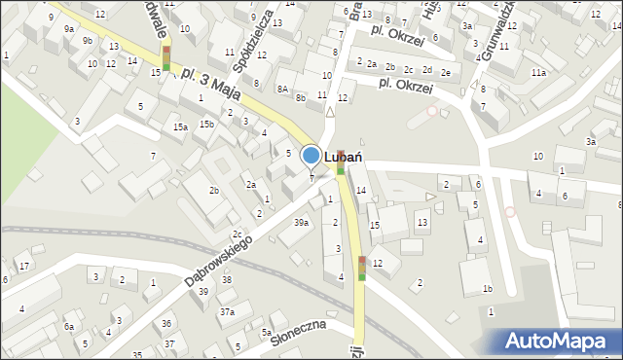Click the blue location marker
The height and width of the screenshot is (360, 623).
point(311,156)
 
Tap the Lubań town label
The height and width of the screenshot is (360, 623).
point(344,156)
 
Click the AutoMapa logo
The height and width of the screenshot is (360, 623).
point(561,340)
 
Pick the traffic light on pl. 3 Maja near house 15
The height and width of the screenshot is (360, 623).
point(166,57)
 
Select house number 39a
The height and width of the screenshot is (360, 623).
point(302,223)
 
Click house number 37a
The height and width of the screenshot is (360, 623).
point(227,311)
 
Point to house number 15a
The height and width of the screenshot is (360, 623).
point(180,126)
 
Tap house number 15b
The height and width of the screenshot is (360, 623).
point(207,124)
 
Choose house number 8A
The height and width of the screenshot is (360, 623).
point(281,89)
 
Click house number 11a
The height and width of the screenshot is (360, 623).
point(538,72)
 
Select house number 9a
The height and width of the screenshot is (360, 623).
point(68,29)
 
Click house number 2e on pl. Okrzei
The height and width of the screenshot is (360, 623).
point(445,72)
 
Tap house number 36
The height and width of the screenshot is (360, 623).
point(167,323)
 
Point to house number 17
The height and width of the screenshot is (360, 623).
point(24,267)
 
